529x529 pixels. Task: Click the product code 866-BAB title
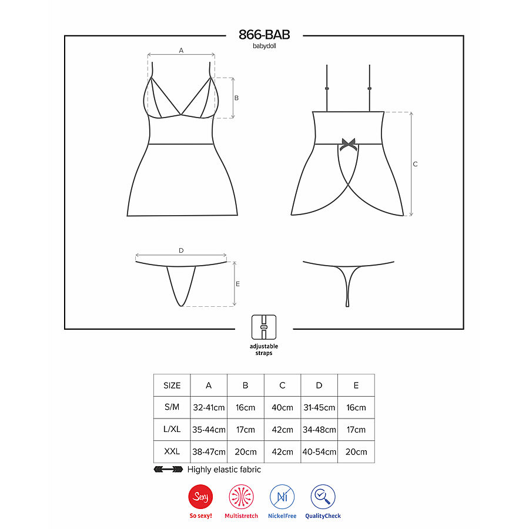(264, 35)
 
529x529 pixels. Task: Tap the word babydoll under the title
(264, 46)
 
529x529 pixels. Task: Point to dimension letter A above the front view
(181, 51)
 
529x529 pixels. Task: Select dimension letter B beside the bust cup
(236, 98)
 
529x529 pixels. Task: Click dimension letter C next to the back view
(415, 164)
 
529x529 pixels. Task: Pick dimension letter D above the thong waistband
(181, 250)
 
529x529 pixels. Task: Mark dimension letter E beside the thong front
(237, 284)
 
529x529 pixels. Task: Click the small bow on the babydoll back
(349, 143)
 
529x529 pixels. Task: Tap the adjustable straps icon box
(264, 327)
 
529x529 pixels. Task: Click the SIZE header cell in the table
(172, 386)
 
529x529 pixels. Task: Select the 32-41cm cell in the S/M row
(209, 407)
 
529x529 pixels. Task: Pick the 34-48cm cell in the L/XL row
(319, 430)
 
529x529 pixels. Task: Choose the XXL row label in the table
(172, 451)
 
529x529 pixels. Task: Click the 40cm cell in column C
(282, 407)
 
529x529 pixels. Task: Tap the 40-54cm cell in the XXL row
(319, 451)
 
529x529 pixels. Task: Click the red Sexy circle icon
(200, 497)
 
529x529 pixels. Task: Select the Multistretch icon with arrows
(241, 497)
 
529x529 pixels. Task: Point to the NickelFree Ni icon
(282, 497)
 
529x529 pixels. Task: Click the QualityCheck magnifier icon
(323, 497)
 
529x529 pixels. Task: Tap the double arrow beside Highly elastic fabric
(168, 470)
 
